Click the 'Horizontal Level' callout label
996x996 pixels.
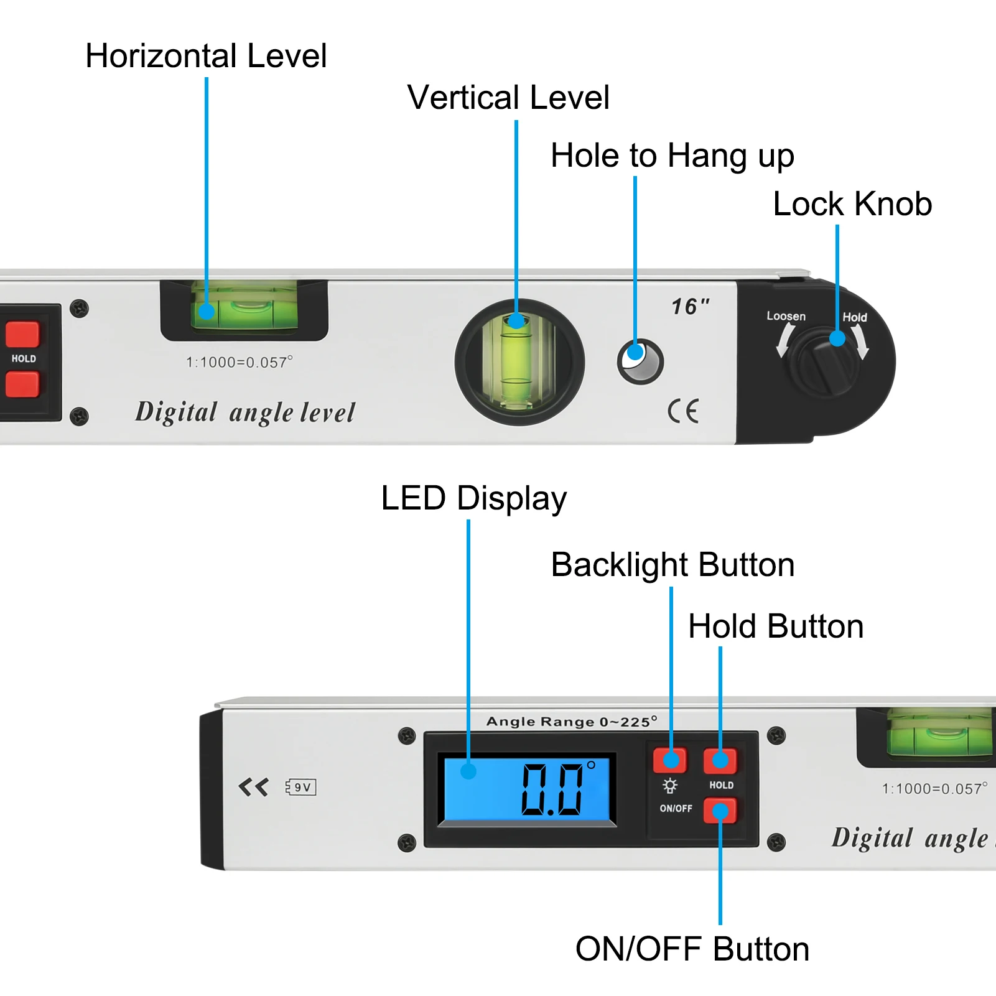[206, 56]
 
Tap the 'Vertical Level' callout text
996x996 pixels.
[508, 98]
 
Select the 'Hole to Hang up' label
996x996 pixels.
[672, 156]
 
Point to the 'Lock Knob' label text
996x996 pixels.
[852, 204]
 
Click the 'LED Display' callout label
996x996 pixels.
[473, 498]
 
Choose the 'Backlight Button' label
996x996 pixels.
[673, 565]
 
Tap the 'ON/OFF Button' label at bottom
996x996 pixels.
[692, 949]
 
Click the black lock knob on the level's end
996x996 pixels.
[825, 362]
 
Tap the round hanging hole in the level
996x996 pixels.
[640, 362]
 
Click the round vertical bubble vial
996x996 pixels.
[519, 362]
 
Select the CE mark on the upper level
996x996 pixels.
[683, 411]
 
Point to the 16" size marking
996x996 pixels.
[690, 306]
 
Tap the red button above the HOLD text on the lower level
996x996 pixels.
[720, 760]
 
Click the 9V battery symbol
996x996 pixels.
[301, 787]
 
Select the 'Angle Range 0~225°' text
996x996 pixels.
[571, 722]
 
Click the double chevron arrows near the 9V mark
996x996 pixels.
[253, 787]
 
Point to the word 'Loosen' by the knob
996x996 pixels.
[786, 316]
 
